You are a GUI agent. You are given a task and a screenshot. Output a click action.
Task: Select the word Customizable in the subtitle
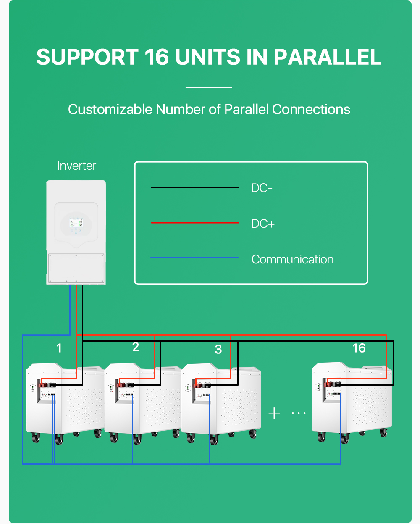110,109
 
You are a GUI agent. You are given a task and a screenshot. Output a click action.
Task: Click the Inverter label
76,166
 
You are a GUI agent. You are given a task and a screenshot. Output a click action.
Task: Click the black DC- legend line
195,187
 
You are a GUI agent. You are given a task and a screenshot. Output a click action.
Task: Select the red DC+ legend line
195,223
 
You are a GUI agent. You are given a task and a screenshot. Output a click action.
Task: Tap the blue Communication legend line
195,258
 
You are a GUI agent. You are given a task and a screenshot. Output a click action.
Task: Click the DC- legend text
262,188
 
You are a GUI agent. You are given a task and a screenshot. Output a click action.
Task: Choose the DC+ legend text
263,224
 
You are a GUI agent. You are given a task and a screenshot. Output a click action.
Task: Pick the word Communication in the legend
292,259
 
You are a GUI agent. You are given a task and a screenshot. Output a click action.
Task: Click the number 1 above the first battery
59,348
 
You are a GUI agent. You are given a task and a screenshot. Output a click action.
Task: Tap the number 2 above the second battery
135,347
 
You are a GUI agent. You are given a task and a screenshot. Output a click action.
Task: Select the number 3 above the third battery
218,349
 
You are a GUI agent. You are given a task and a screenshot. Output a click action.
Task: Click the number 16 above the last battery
359,348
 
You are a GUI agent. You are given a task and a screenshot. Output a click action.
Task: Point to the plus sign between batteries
274,413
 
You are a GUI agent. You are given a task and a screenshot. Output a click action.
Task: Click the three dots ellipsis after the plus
299,413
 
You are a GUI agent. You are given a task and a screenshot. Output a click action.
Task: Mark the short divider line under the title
209,87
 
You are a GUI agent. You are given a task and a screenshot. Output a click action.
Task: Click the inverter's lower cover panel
76,268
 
